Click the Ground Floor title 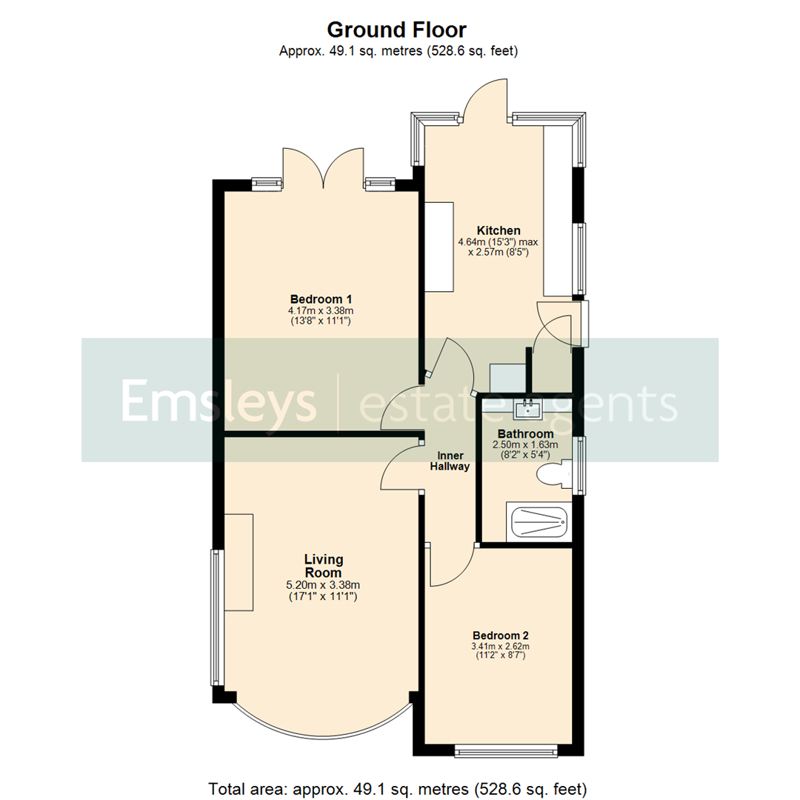[397, 30]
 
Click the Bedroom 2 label [500, 636]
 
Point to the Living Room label [323, 566]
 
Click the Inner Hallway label [450, 461]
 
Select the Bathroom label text [525, 433]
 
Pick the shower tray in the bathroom [539, 522]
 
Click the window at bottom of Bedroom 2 [506, 751]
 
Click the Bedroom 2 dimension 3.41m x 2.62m [500, 647]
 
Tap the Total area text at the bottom [398, 787]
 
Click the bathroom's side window [581, 464]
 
